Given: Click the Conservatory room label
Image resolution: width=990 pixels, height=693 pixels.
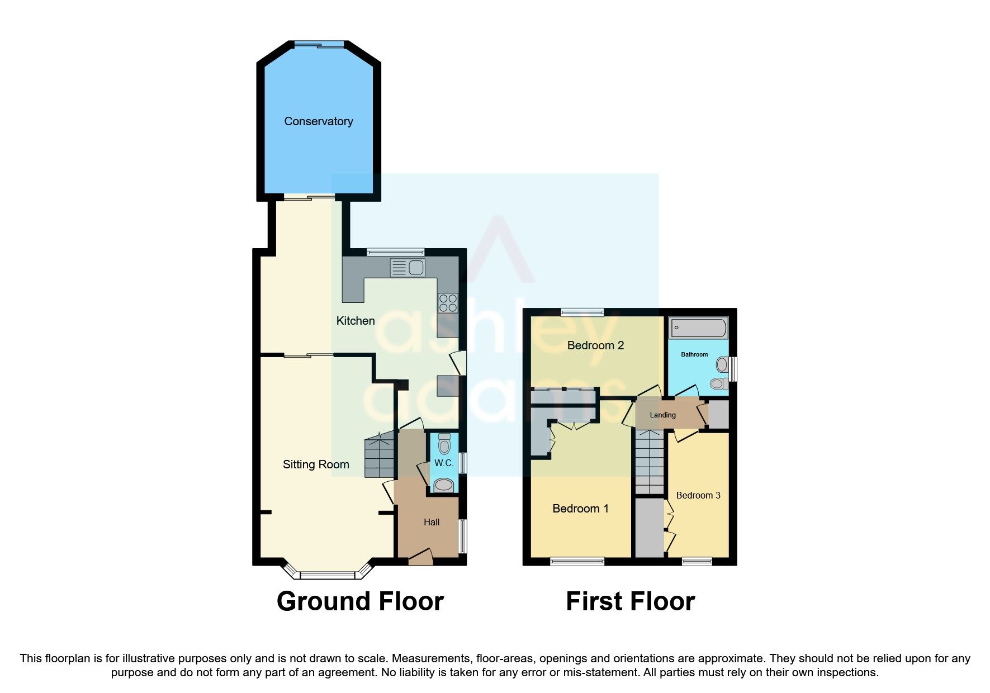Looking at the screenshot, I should pyautogui.click(x=319, y=121).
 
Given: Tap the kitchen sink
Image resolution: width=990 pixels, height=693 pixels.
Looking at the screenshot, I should pyautogui.click(x=408, y=268).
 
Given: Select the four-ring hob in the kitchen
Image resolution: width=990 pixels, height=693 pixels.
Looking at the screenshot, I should pyautogui.click(x=448, y=303).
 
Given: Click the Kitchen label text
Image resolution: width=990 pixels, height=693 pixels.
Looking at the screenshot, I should pyautogui.click(x=356, y=321).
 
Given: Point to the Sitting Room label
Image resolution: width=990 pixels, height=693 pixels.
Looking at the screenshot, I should pyautogui.click(x=316, y=464).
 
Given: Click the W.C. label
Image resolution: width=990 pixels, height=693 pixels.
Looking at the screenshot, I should pyautogui.click(x=444, y=463).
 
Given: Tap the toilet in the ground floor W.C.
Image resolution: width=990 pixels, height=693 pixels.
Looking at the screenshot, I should pyautogui.click(x=444, y=444).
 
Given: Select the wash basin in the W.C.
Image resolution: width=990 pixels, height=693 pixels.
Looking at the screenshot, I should pyautogui.click(x=444, y=485).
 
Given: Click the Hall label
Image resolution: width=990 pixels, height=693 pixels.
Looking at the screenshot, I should pyautogui.click(x=432, y=522).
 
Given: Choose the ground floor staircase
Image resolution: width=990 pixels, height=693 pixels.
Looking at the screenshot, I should pyautogui.click(x=380, y=455).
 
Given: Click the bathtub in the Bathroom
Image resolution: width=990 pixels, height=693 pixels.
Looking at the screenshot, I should pyautogui.click(x=698, y=328).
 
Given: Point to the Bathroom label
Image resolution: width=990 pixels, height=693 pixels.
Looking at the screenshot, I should pyautogui.click(x=694, y=354).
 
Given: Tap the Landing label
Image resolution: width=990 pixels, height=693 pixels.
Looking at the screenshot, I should pyautogui.click(x=662, y=415).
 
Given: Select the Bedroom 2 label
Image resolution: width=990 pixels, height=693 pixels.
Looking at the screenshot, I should pyautogui.click(x=595, y=345).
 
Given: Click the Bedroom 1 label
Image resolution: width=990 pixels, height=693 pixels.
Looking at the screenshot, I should pyautogui.click(x=580, y=509).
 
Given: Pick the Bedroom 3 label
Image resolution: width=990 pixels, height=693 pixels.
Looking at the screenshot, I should pyautogui.click(x=698, y=495).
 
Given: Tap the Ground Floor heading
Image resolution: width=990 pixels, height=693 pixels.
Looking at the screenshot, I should pyautogui.click(x=360, y=601).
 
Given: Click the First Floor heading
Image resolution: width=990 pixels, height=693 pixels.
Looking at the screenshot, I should pyautogui.click(x=630, y=601).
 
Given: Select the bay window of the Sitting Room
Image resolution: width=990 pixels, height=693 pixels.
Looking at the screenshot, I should pyautogui.click(x=328, y=574).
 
